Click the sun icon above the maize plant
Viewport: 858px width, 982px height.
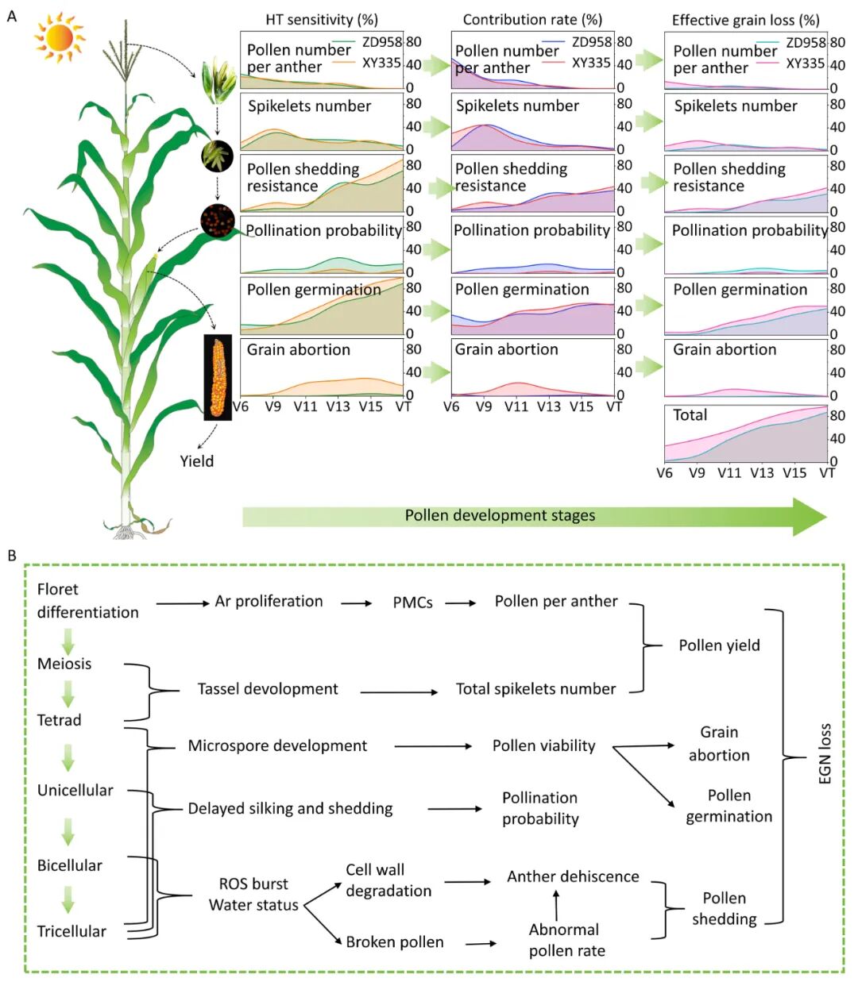(60, 38)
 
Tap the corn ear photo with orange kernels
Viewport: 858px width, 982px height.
(218, 377)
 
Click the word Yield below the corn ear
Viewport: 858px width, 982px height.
(196, 461)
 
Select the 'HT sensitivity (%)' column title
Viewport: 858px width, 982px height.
(322, 20)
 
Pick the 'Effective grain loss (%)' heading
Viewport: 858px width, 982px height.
(745, 20)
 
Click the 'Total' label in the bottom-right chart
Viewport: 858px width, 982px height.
(690, 415)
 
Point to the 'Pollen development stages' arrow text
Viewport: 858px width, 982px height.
(500, 515)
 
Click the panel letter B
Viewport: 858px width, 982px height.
(12, 556)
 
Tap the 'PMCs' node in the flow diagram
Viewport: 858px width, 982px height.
(412, 603)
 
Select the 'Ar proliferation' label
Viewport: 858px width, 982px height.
(269, 602)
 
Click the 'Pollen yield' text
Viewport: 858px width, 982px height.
(719, 645)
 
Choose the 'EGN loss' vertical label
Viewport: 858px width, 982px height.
(825, 754)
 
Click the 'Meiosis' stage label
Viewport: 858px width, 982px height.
(64, 664)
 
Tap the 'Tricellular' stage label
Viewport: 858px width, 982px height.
(71, 931)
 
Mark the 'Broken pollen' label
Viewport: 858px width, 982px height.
(395, 942)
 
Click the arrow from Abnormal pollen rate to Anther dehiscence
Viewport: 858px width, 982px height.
(556, 905)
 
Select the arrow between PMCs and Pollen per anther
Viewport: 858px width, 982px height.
(461, 603)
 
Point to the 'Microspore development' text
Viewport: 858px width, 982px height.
(277, 746)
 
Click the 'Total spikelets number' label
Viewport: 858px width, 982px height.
(535, 689)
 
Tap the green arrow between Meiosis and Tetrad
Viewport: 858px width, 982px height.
(68, 691)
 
